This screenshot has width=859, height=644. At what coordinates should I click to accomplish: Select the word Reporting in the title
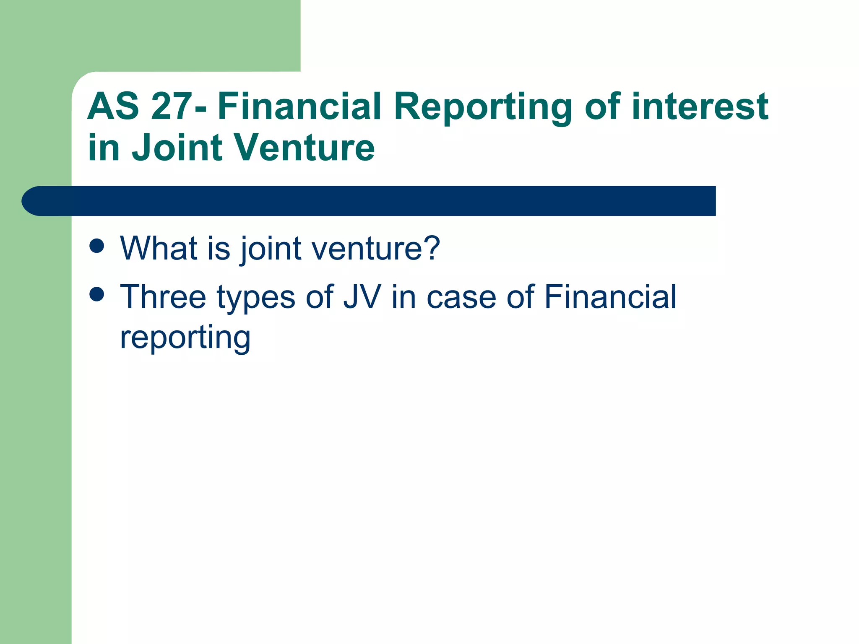[x=483, y=108]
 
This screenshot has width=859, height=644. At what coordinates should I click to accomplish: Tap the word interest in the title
[x=700, y=106]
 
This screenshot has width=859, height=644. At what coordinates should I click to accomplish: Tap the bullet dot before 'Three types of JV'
[x=97, y=294]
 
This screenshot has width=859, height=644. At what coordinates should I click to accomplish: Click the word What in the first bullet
[x=159, y=248]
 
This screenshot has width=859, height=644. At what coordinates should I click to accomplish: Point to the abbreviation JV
[x=362, y=297]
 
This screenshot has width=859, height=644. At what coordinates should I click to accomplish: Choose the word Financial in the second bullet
[x=610, y=297]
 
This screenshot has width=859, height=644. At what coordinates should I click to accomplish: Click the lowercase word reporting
[x=185, y=338]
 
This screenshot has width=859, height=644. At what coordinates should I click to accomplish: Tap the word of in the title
[x=603, y=106]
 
